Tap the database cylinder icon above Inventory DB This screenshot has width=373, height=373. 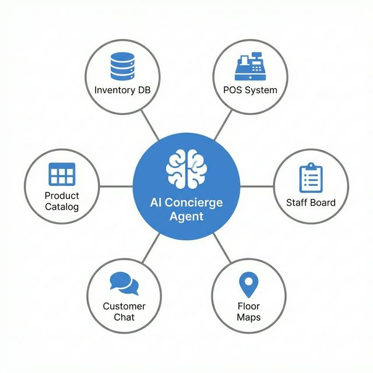coord(122,66)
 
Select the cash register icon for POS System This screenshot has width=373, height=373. coord(250,68)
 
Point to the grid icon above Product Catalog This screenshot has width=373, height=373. coord(62,174)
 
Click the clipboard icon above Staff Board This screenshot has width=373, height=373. coord(311,178)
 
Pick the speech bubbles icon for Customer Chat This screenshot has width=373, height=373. coord(124,284)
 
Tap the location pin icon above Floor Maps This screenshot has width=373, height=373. coord(249,285)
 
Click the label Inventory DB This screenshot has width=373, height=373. coord(122,90)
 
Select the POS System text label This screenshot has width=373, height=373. coord(250,90)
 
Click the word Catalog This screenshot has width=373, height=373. coord(62,206)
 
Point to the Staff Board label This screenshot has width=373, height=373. coord(311,203)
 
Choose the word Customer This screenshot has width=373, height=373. coord(124,306)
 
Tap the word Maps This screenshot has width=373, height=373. coord(249,318)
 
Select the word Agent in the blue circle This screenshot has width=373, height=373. coord(186,216)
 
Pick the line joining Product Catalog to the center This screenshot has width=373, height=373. coord(116,186)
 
